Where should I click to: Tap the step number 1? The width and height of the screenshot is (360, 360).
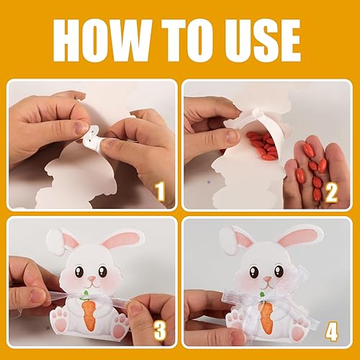pyautogui.click(x=160, y=192)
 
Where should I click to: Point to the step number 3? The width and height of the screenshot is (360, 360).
pyautogui.click(x=160, y=331)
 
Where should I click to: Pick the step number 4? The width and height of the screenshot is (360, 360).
pyautogui.click(x=331, y=331)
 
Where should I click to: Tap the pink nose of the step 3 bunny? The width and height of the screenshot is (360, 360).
pyautogui.click(x=91, y=279)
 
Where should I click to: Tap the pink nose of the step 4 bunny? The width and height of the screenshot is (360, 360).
pyautogui.click(x=267, y=279)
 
